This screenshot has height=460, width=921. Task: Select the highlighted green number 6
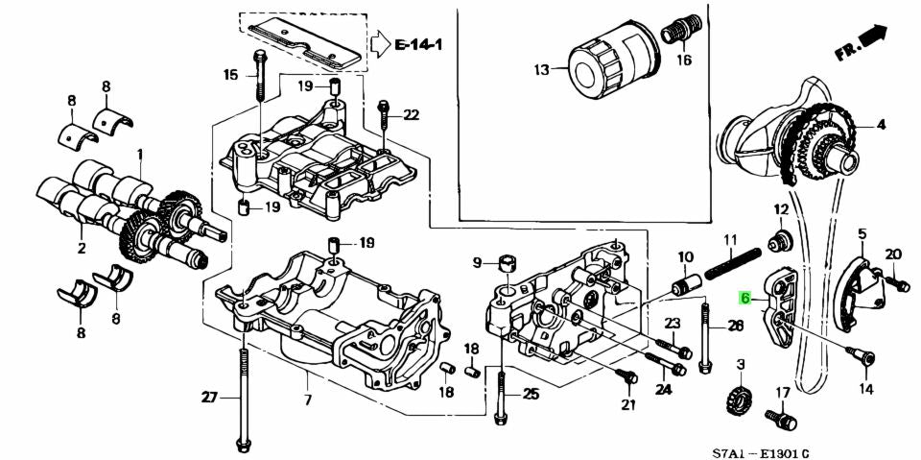[x=744, y=299]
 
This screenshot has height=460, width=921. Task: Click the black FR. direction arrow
[x=873, y=36]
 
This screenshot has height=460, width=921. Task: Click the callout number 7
[x=307, y=399]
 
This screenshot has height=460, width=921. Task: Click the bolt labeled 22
[x=385, y=116]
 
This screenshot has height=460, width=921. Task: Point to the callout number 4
[x=881, y=125]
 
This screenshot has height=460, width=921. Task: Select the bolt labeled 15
[x=260, y=77]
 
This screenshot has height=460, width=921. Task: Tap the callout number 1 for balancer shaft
[x=139, y=154]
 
